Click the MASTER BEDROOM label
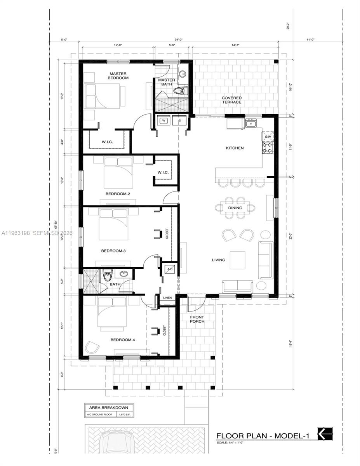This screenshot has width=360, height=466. pos(118,76)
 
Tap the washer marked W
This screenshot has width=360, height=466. pos(163,121)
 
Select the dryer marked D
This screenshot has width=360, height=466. pos(179,121)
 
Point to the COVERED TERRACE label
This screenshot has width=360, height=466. pos(231,100)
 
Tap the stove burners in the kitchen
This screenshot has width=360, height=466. pos(268,148)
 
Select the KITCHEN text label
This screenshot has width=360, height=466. pos(235,148)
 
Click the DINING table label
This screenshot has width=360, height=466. pos(235,208)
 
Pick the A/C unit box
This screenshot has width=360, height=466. pos(170,269)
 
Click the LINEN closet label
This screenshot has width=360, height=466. pos(167,298)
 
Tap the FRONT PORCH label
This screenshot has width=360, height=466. pos(197,319)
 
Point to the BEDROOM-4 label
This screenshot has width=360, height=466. pos(122,340)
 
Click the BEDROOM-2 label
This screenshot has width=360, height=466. pos(117,194)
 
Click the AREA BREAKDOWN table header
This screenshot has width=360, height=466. pos(109,408)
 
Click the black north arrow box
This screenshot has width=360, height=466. pos(325,434)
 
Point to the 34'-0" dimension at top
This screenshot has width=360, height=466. pos(178,40)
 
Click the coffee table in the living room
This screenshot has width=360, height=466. pos(237,260)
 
